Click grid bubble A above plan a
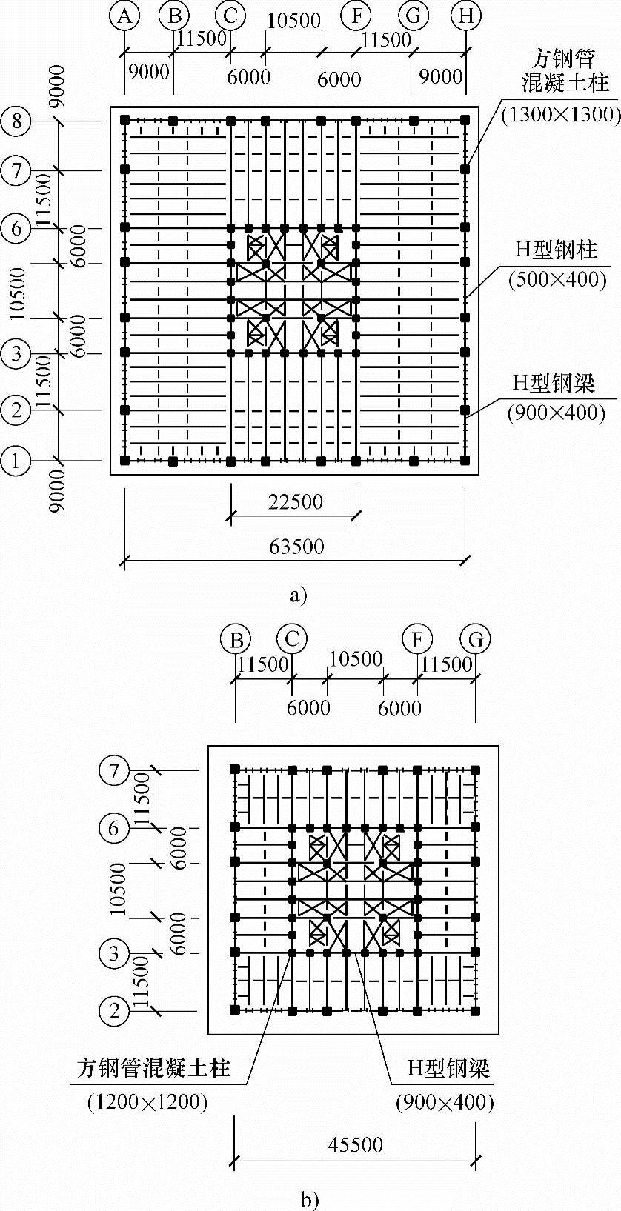click(124, 16)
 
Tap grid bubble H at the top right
click(466, 16)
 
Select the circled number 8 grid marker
click(17, 120)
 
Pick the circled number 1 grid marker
click(17, 461)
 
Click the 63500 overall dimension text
click(296, 546)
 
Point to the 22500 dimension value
click(295, 501)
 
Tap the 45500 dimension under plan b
click(355, 1144)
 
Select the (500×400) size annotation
click(557, 278)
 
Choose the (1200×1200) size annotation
click(147, 1101)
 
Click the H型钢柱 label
click(557, 250)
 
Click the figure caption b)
click(310, 1198)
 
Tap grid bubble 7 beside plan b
click(113, 771)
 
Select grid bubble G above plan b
click(475, 638)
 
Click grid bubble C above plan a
click(230, 16)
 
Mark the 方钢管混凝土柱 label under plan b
click(154, 1067)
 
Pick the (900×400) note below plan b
click(445, 1101)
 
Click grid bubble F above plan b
click(418, 638)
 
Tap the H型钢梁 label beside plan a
click(555, 382)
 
